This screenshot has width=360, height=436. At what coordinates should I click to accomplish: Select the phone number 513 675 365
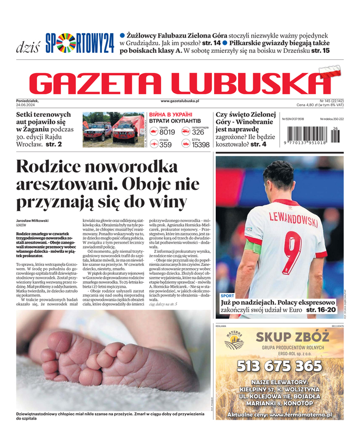[279, 366]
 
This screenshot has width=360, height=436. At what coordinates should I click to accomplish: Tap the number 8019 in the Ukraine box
[167, 132]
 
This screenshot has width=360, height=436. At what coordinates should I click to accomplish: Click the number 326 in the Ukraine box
[198, 132]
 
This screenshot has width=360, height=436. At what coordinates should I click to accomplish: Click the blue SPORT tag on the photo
[228, 295]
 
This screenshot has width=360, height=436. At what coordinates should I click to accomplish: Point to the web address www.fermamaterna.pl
[300, 414]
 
